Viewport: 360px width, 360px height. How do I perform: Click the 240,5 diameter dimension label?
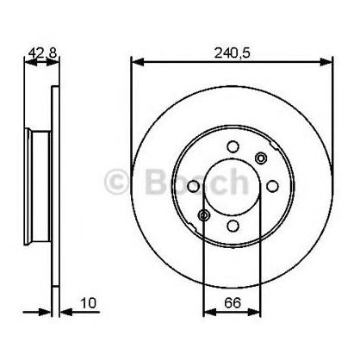[233, 53]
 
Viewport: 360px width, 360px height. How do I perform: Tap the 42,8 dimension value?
[43, 53]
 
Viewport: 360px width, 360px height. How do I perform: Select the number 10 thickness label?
[89, 303]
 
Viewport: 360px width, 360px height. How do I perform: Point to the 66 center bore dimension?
[233, 302]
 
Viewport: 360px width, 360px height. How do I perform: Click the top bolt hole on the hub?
[233, 146]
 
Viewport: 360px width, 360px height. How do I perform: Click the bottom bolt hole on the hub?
[233, 226]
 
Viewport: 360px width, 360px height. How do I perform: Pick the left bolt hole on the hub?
[193, 186]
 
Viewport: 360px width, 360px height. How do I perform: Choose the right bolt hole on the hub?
[272, 186]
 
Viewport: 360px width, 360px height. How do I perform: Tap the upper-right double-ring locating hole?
[261, 158]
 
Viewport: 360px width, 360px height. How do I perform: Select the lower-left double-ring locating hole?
[204, 214]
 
